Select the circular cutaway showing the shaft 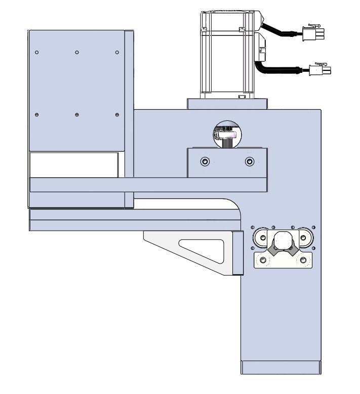(x=227, y=134)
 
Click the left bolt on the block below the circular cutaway (x=205, y=161)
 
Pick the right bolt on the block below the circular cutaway (x=249, y=161)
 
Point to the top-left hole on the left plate (x=36, y=52)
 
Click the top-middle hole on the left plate (x=76, y=52)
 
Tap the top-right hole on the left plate (x=117, y=52)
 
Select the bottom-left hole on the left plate (x=36, y=115)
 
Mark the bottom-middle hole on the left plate (x=76, y=115)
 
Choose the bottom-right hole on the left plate (x=117, y=115)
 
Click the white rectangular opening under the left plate (x=73, y=165)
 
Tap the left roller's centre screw (x=263, y=237)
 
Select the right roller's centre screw (x=303, y=237)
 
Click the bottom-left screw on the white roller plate (x=263, y=260)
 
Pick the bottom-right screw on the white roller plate (x=303, y=260)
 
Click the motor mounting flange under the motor (x=227, y=104)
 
